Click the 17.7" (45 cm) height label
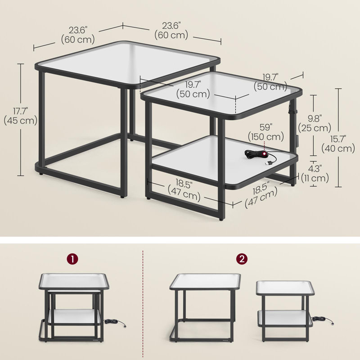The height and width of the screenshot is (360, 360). coord(20,116)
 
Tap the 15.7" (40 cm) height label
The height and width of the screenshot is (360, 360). coord(338,144)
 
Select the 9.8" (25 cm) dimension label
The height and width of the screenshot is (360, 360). coord(315,123)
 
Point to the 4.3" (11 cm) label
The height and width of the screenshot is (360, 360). coord(315,173)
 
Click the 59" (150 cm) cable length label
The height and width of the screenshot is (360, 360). coord(266,132)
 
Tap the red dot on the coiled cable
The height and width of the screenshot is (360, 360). coord(265,153)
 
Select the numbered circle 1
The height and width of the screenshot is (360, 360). coord(72,259)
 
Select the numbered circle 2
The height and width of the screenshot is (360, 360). coord(242,259)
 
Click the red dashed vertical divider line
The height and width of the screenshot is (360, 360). coord(143,304)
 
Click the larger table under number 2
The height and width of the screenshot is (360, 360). coord(205,308)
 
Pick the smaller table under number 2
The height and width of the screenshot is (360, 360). coord(285,311)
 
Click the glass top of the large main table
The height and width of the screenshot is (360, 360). coord(127,64)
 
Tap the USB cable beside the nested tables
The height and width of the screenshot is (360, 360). coord(115,323)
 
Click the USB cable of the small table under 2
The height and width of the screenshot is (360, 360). coord(323,319)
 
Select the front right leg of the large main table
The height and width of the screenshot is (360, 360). coord(123,143)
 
